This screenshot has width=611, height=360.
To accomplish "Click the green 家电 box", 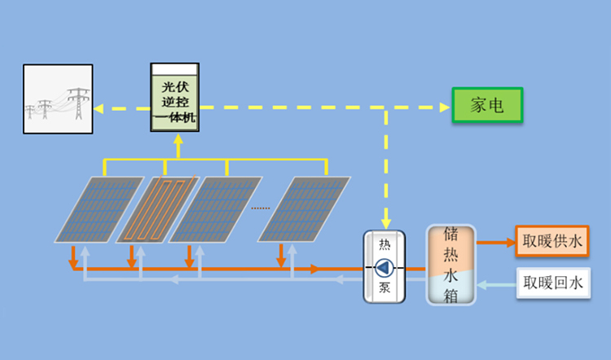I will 487,106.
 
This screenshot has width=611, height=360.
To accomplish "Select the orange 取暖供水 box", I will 551,241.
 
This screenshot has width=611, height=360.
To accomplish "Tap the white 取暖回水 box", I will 551,283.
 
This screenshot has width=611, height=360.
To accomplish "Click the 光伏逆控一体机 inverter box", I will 176,98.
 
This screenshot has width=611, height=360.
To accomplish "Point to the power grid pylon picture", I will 57,99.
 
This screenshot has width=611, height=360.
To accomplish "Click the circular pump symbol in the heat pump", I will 384,267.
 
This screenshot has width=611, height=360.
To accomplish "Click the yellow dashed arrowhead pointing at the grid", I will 97,107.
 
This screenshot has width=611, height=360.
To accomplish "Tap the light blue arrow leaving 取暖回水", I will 484,284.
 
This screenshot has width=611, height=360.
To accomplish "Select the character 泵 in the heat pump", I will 384,288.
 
